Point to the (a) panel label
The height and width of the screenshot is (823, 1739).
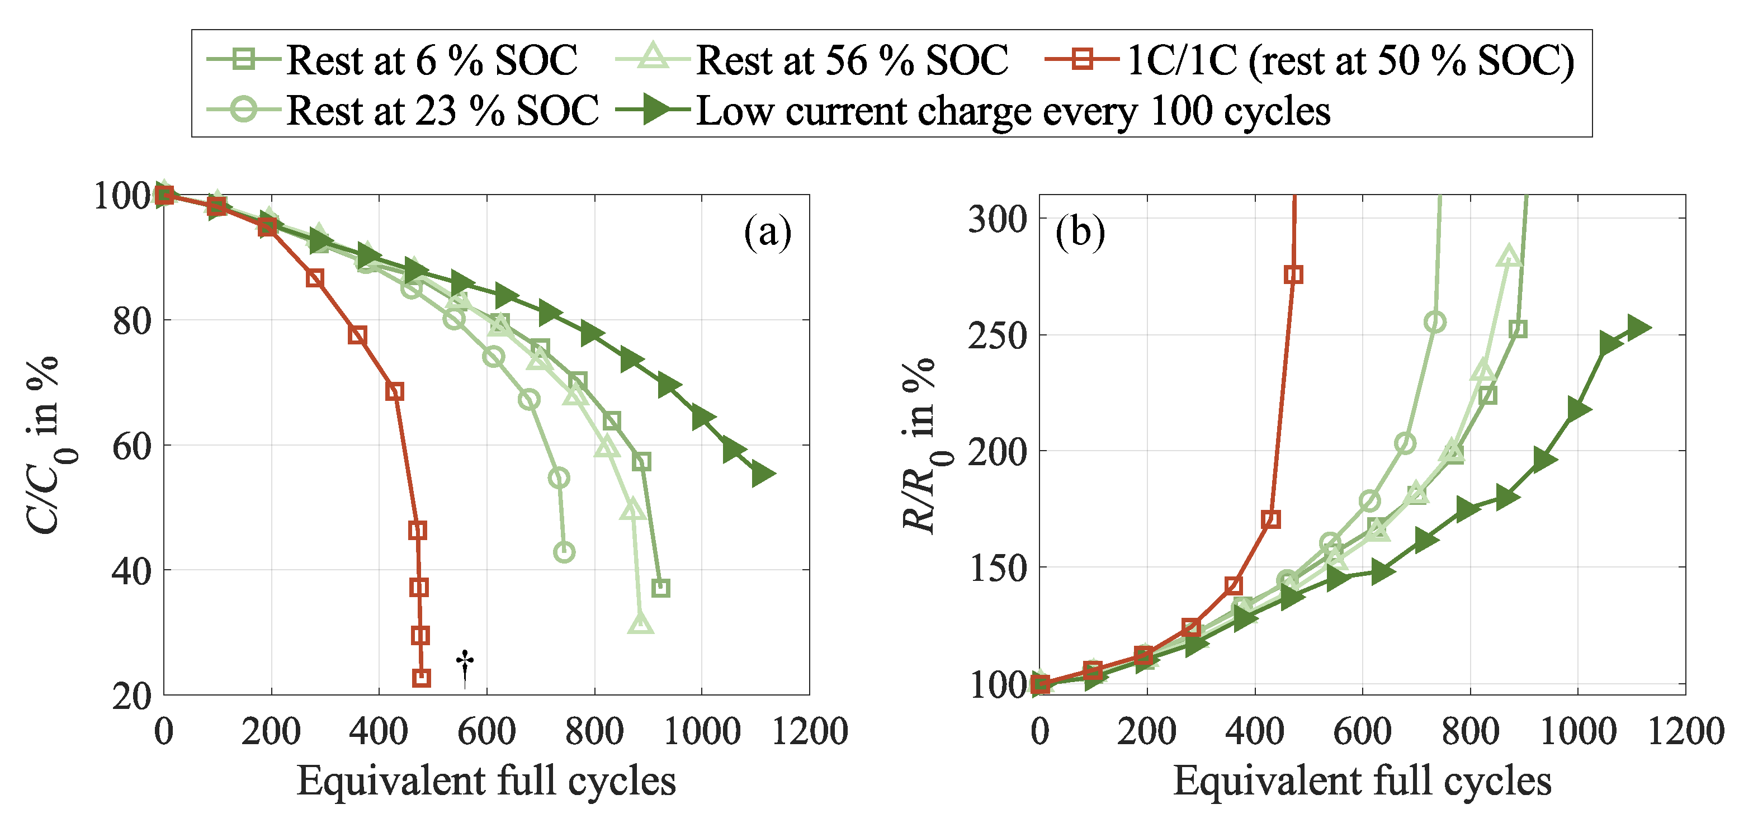click(768, 233)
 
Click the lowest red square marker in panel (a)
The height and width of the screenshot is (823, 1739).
click(421, 678)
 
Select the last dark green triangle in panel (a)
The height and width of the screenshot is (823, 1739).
click(762, 474)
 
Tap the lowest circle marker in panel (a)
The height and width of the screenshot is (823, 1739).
click(564, 552)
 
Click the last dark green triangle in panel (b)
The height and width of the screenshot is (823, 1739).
click(1638, 328)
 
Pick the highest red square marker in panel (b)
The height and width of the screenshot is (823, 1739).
click(1293, 275)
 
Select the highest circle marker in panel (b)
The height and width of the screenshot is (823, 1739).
click(1435, 322)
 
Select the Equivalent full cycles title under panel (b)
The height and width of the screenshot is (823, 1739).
click(1362, 782)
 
